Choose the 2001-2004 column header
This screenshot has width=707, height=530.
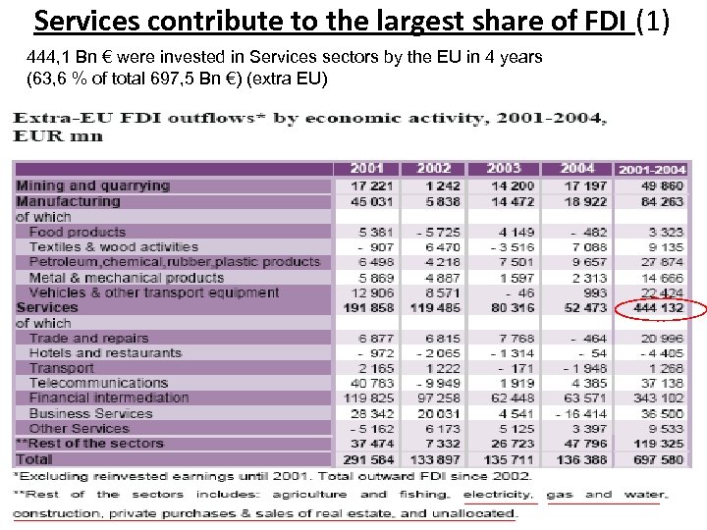pyautogui.click(x=651, y=169)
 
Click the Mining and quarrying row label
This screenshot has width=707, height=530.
pyautogui.click(x=92, y=185)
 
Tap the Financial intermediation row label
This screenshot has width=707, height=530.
pyautogui.click(x=108, y=397)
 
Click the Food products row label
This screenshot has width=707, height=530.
pyautogui.click(x=78, y=233)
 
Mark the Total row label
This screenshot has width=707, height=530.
pyautogui.click(x=34, y=458)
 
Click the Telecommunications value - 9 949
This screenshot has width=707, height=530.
pyautogui.click(x=437, y=383)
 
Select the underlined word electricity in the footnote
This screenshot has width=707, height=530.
pyautogui.click(x=499, y=495)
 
